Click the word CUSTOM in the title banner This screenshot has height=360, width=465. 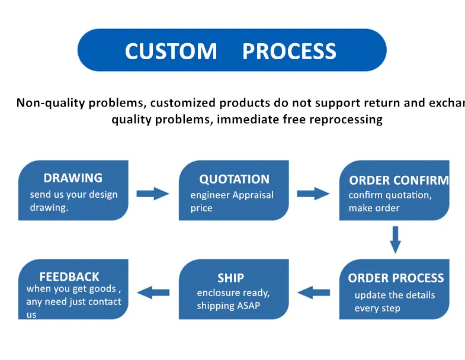click(x=171, y=52)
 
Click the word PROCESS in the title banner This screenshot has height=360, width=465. click(x=289, y=52)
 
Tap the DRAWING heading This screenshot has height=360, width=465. click(x=73, y=178)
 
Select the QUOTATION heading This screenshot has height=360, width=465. click(x=234, y=179)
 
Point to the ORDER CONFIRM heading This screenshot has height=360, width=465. click(x=399, y=181)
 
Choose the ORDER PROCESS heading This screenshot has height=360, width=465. click(x=396, y=278)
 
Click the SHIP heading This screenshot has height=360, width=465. click(x=230, y=278)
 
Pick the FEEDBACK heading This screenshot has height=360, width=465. click(x=69, y=277)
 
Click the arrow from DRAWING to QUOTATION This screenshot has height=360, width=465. click(x=153, y=193)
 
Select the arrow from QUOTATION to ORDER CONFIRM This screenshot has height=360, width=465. click(x=313, y=193)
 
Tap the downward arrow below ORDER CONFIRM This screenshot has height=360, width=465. click(x=395, y=239)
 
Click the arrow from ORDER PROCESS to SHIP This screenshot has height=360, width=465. click(x=313, y=292)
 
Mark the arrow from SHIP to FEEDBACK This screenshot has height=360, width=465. click(x=153, y=292)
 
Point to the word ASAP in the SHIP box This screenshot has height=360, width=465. click(x=248, y=306)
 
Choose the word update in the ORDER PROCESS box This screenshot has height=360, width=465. click(x=370, y=295)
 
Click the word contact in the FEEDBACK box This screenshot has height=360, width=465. click(x=104, y=301)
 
